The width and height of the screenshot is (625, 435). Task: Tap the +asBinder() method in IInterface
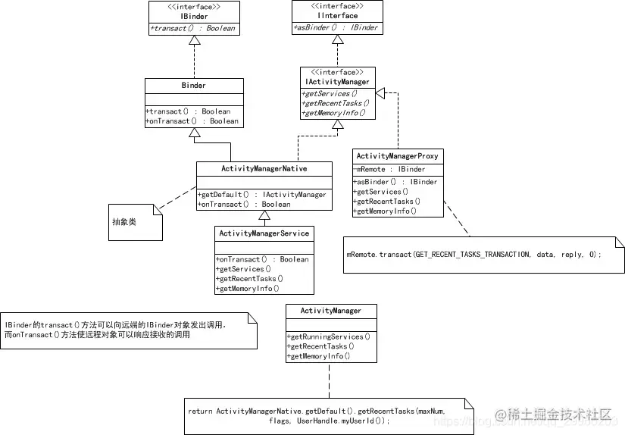[x=336, y=28]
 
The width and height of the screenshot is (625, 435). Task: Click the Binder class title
[x=193, y=86]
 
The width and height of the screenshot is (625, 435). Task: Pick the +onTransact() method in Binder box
[x=192, y=121]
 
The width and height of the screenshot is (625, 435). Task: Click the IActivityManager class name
[x=338, y=81]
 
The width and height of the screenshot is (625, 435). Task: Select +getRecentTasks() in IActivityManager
[x=336, y=103]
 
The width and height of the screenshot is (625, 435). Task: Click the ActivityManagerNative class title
[x=264, y=168]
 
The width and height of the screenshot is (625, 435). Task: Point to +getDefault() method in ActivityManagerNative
[x=262, y=195]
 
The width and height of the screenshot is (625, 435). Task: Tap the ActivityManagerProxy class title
[x=397, y=156]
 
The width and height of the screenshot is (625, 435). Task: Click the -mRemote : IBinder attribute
[x=391, y=169]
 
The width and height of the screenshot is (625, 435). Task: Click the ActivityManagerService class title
[x=264, y=233]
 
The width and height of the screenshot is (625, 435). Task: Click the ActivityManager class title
[x=330, y=311]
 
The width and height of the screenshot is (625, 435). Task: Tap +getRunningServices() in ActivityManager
[x=329, y=336]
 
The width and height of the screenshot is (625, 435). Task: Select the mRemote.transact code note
[x=473, y=255]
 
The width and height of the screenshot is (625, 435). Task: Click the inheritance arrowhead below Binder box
[x=194, y=133]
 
